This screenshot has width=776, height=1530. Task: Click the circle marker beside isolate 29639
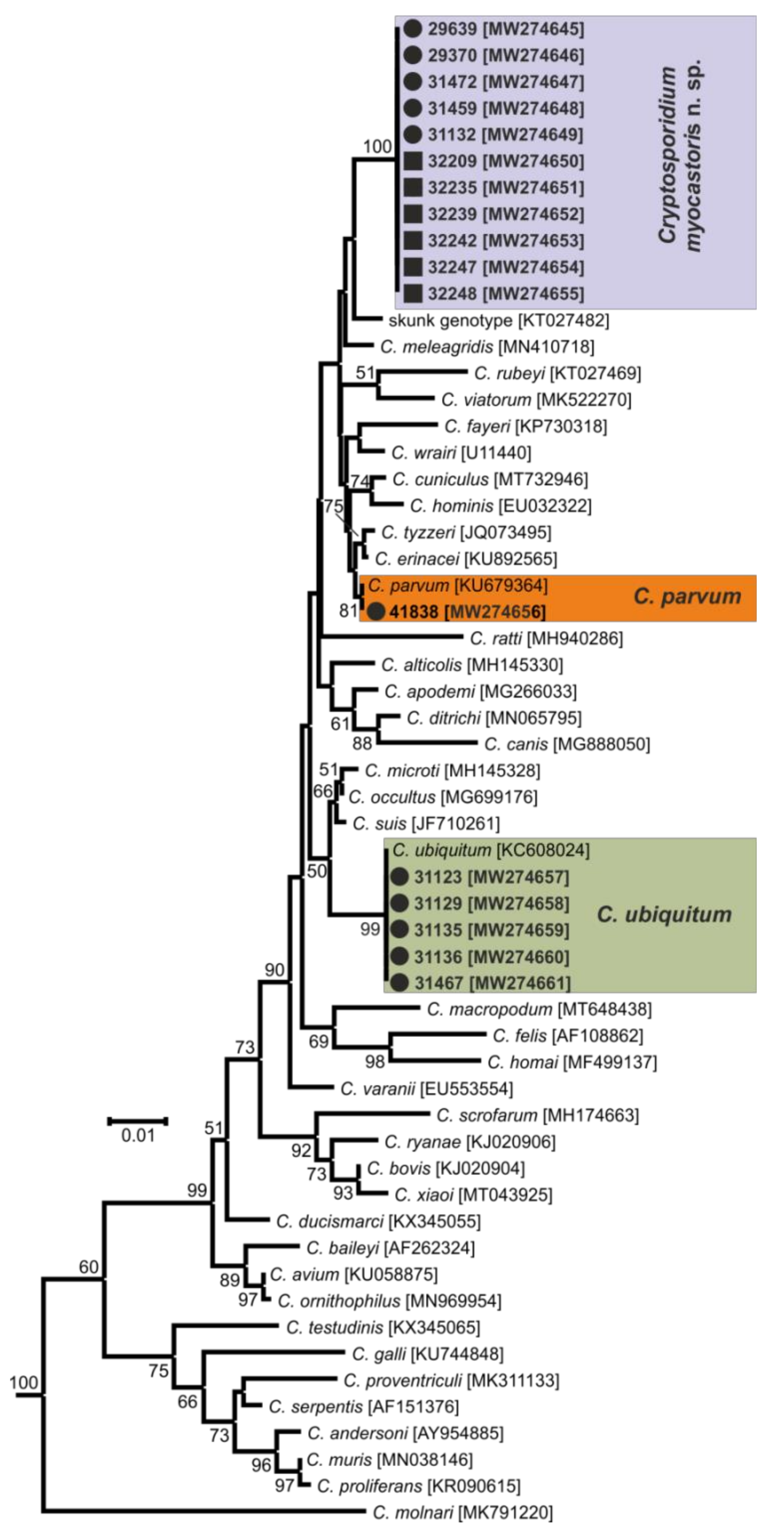pyautogui.click(x=413, y=29)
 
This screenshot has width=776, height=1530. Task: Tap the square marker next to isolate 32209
pyautogui.click(x=413, y=161)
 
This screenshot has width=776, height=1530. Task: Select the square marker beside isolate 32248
pyautogui.click(x=413, y=294)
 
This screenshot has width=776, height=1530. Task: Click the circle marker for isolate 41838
pyautogui.click(x=377, y=611)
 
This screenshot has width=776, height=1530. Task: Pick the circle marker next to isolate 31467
pyautogui.click(x=399, y=983)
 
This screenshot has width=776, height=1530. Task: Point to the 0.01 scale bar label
pyautogui.click(x=138, y=1136)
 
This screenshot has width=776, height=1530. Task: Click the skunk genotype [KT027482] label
pyautogui.click(x=498, y=321)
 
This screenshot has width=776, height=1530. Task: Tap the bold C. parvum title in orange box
pyautogui.click(x=687, y=596)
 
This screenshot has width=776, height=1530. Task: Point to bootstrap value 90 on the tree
pyautogui.click(x=275, y=970)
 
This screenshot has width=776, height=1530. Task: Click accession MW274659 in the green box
pyautogui.click(x=519, y=930)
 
